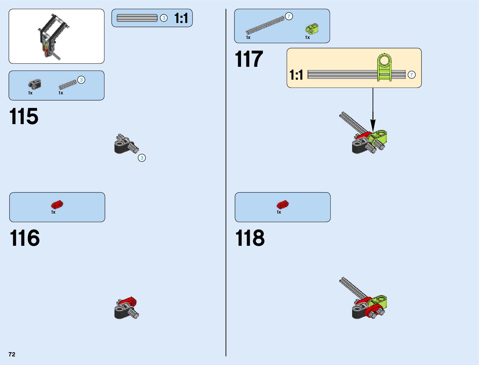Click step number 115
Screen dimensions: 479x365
24,116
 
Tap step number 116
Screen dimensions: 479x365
24,238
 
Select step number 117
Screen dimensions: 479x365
249,59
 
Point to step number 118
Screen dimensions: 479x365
250,238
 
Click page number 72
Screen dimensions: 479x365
12,354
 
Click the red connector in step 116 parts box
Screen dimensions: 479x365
57,204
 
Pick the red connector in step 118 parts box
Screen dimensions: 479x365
283,204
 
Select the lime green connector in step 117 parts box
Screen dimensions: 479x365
312,29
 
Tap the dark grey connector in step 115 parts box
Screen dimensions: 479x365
35,84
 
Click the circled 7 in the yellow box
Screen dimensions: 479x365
412,75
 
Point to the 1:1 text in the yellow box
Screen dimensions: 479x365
296,75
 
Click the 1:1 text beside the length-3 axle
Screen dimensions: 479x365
181,18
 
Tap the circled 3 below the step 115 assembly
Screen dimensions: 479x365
142,158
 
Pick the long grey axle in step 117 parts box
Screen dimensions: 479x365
265,25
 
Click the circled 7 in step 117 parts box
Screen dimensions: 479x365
289,16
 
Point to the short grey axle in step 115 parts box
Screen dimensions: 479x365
67,84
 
